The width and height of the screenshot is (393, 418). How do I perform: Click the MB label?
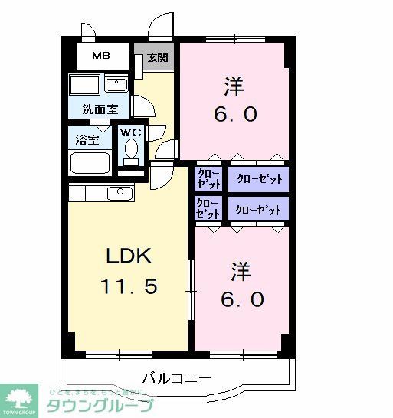[100, 56]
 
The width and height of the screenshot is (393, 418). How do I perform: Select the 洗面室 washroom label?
[100, 109]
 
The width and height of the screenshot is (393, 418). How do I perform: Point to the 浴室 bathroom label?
[87, 139]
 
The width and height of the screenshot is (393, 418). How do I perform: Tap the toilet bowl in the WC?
[131, 149]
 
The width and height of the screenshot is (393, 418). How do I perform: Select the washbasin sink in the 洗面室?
[116, 84]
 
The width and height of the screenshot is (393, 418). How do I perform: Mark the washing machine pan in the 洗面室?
[84, 85]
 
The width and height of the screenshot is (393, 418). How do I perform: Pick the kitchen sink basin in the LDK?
[117, 192]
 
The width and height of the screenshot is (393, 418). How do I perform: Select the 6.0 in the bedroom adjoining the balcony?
[244, 298]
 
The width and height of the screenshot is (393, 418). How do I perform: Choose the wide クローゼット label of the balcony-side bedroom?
[258, 209]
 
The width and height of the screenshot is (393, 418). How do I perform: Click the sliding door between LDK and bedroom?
[190, 287]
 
